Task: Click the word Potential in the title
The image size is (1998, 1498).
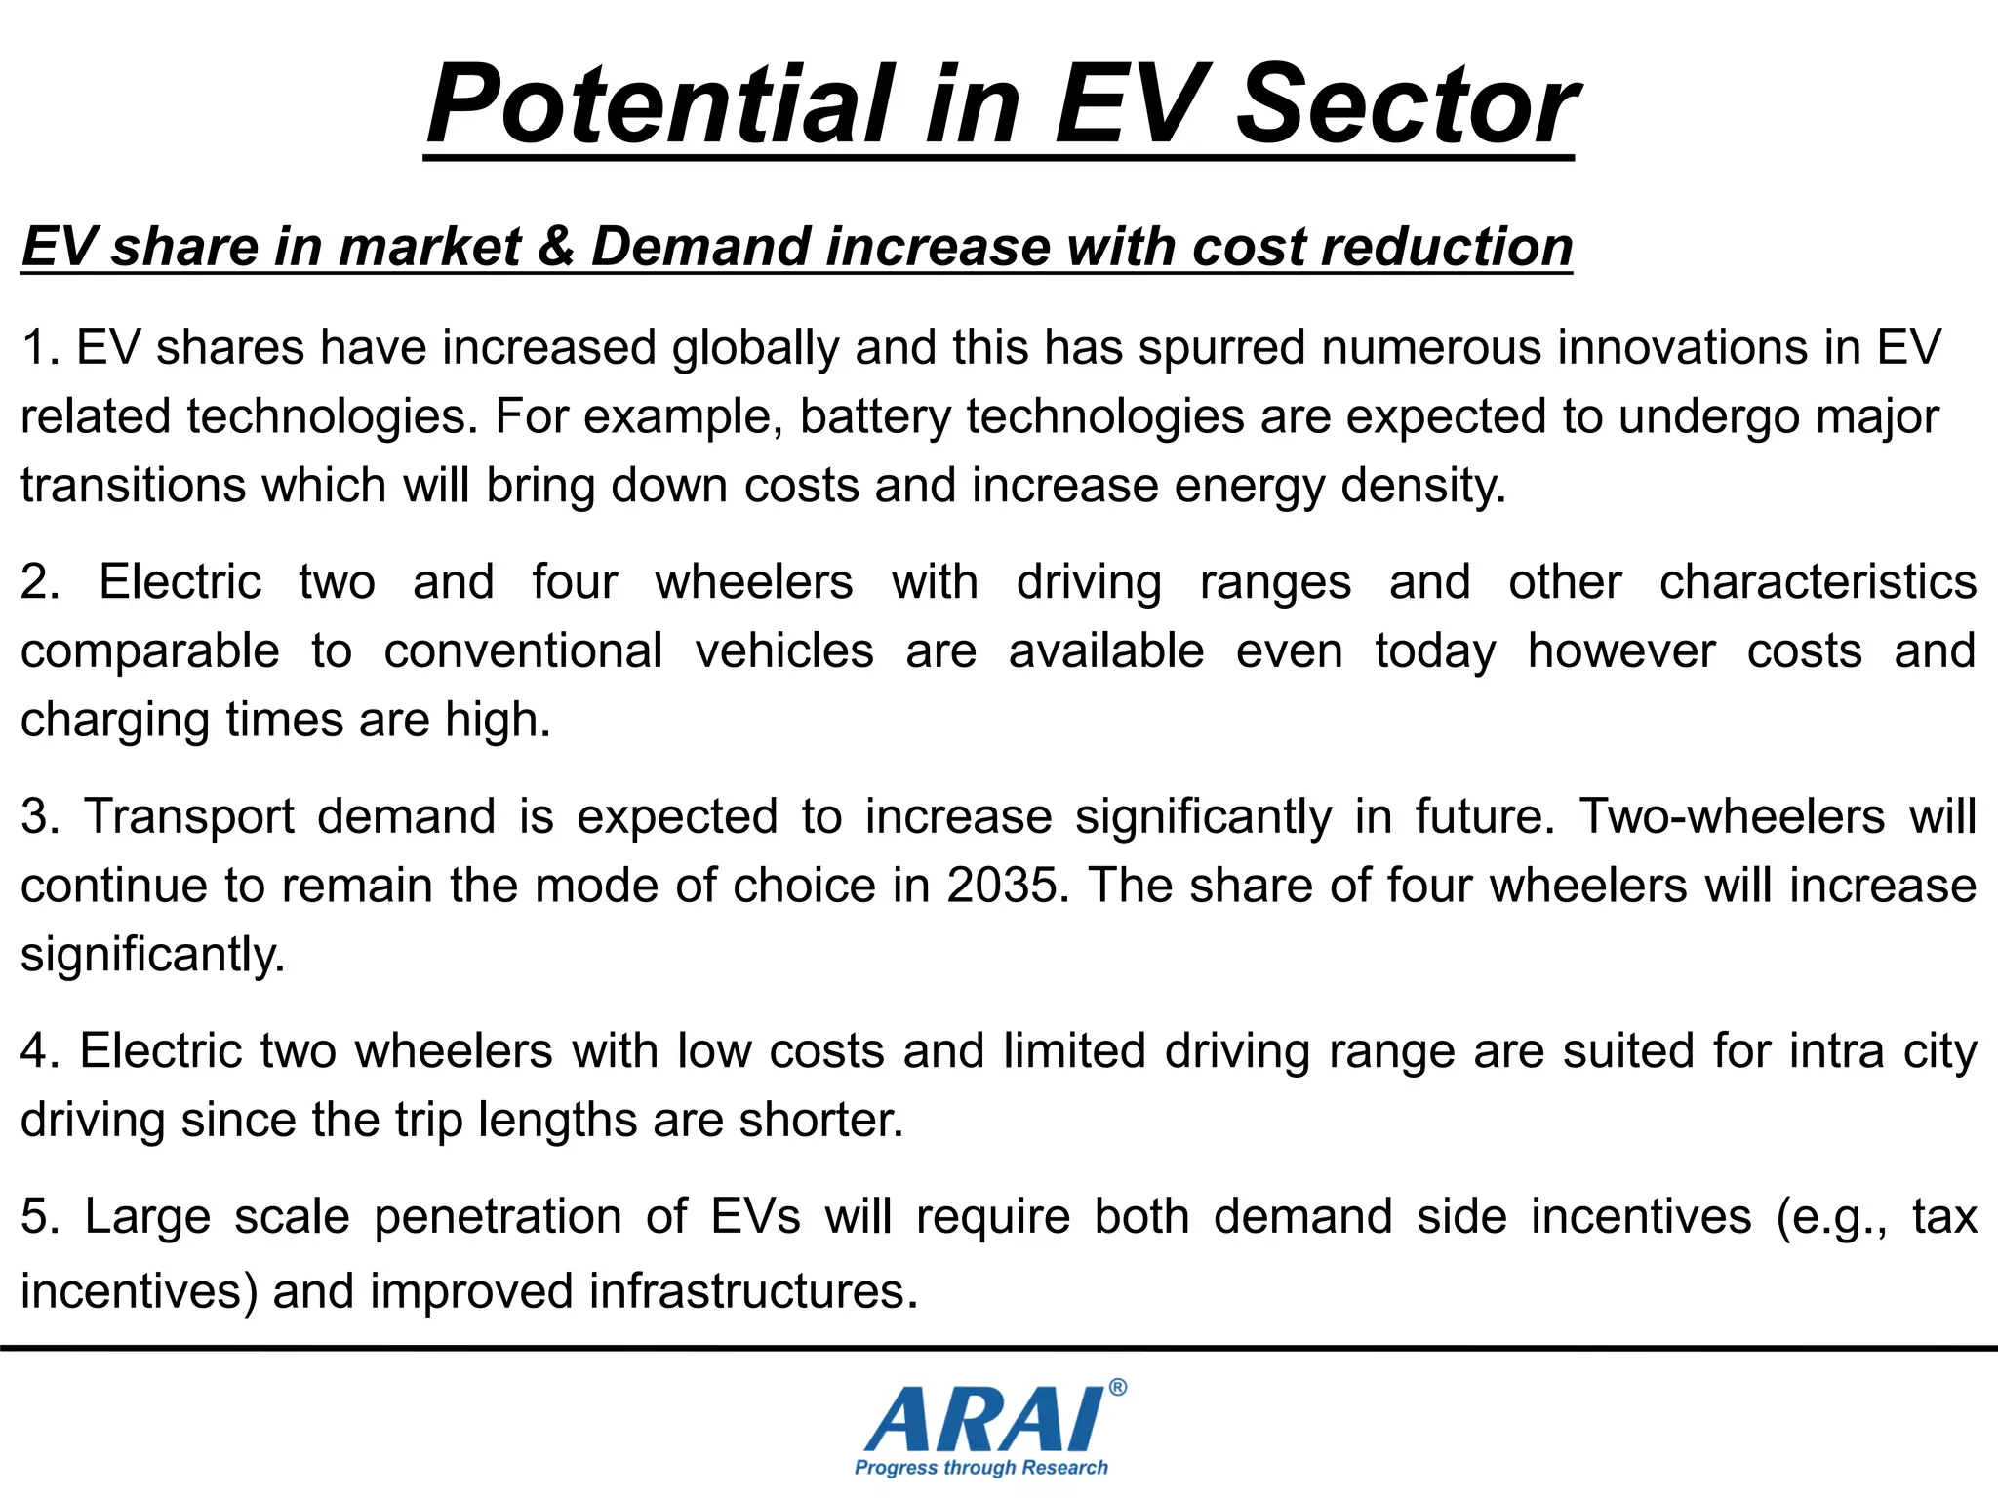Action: coord(659,105)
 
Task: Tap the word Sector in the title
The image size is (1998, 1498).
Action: coord(1407,105)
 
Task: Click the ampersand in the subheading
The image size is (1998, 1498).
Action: coord(556,246)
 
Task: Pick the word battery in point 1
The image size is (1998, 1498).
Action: coord(875,417)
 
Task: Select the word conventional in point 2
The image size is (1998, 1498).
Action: coord(523,650)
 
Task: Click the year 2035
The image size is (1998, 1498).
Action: coord(1002,886)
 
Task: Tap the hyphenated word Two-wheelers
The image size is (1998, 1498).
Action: coord(1732,816)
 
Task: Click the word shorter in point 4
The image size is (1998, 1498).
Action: coord(820,1120)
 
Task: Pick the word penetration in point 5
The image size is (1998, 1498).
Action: coord(498,1217)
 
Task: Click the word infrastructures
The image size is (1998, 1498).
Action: coord(753,1291)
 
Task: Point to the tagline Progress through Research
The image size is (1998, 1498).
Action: coord(980,1468)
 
